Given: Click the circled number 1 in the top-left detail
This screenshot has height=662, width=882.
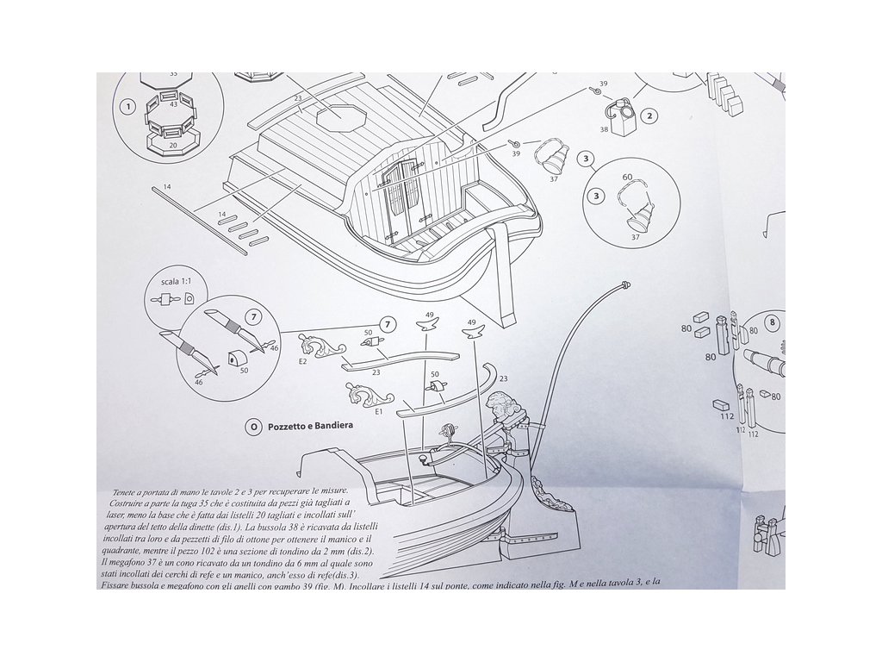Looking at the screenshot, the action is [127, 108].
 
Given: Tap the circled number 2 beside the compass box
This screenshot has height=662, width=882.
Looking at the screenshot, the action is [650, 116].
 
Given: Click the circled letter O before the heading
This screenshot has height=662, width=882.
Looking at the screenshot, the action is [252, 426].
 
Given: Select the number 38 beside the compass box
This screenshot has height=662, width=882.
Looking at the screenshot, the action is [605, 130].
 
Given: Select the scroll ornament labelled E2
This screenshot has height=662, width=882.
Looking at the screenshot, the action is [321, 348].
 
